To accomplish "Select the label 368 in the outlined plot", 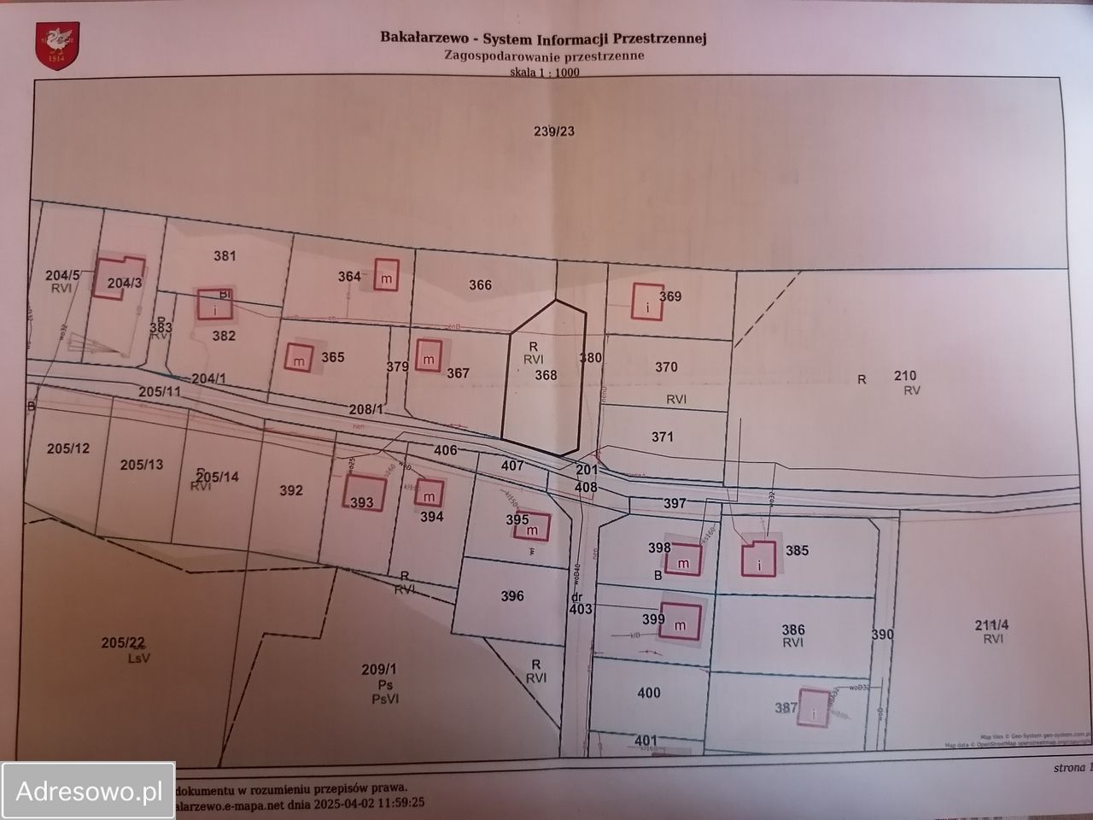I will pyautogui.click(x=546, y=375).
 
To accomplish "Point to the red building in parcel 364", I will pyautogui.click(x=386, y=277).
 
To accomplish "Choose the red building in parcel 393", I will pyautogui.click(x=365, y=494).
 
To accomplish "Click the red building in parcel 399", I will pyautogui.click(x=681, y=621).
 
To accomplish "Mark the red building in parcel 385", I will pyautogui.click(x=758, y=558).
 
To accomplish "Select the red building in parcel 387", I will pyautogui.click(x=813, y=707).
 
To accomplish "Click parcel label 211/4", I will pyautogui.click(x=991, y=624).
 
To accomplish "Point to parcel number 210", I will pyautogui.click(x=905, y=375).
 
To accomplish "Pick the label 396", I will pyautogui.click(x=512, y=596).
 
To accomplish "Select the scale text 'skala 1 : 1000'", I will pyautogui.click(x=544, y=73).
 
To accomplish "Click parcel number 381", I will pyautogui.click(x=225, y=255).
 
